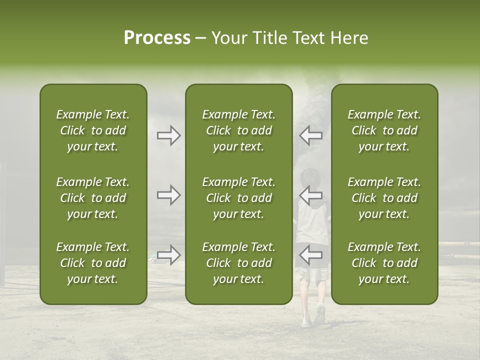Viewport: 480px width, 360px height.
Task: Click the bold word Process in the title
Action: pyautogui.click(x=157, y=38)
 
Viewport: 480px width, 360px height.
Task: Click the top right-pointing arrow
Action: pyautogui.click(x=169, y=135)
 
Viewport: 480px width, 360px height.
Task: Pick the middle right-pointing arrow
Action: pyautogui.click(x=169, y=195)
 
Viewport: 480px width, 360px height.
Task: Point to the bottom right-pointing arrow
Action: pyautogui.click(x=169, y=255)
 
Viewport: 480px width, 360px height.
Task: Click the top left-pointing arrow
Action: pyautogui.click(x=310, y=135)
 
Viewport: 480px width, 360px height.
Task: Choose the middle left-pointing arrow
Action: pyautogui.click(x=310, y=195)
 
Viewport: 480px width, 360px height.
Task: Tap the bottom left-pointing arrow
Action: pyautogui.click(x=310, y=255)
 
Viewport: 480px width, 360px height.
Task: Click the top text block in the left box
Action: pyautogui.click(x=93, y=130)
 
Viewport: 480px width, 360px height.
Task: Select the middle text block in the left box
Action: pyautogui.click(x=93, y=198)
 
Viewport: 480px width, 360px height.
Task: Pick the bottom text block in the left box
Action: pyautogui.click(x=93, y=263)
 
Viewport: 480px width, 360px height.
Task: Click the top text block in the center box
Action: pyautogui.click(x=238, y=130)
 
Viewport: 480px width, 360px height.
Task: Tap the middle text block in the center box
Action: pyautogui.click(x=238, y=198)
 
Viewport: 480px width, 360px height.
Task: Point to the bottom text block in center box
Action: pyautogui.click(x=238, y=263)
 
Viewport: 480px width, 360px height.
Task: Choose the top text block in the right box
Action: pyautogui.click(x=384, y=130)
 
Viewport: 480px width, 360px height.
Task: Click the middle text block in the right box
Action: pyautogui.click(x=384, y=198)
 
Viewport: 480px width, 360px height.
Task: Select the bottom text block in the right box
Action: pyautogui.click(x=384, y=263)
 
